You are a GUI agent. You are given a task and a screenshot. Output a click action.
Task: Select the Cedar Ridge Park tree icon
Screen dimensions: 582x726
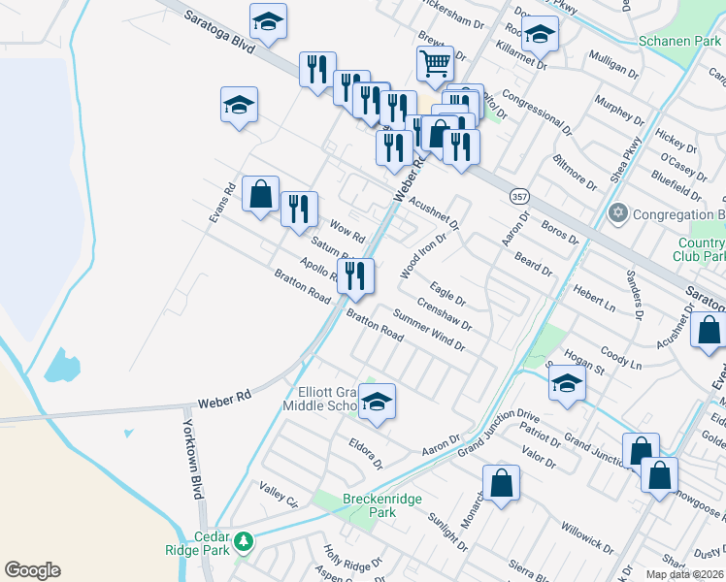coord(244,540)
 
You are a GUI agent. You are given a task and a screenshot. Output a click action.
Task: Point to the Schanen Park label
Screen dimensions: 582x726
coord(679,41)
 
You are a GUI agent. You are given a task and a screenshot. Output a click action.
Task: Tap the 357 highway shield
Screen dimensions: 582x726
coord(519,196)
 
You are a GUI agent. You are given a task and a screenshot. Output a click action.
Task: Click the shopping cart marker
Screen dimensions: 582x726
coord(436,65)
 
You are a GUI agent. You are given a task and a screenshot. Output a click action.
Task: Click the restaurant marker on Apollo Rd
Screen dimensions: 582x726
coord(355,275)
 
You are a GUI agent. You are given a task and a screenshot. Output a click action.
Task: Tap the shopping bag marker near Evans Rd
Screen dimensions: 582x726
coord(260,194)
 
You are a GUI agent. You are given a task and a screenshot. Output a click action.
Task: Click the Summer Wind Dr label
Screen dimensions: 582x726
coord(429,330)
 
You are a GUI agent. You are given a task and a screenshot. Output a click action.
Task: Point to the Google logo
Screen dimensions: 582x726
coord(32,570)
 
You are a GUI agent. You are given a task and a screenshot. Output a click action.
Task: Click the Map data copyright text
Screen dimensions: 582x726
coord(685,574)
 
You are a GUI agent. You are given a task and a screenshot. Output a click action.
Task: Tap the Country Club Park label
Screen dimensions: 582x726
coord(701,250)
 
